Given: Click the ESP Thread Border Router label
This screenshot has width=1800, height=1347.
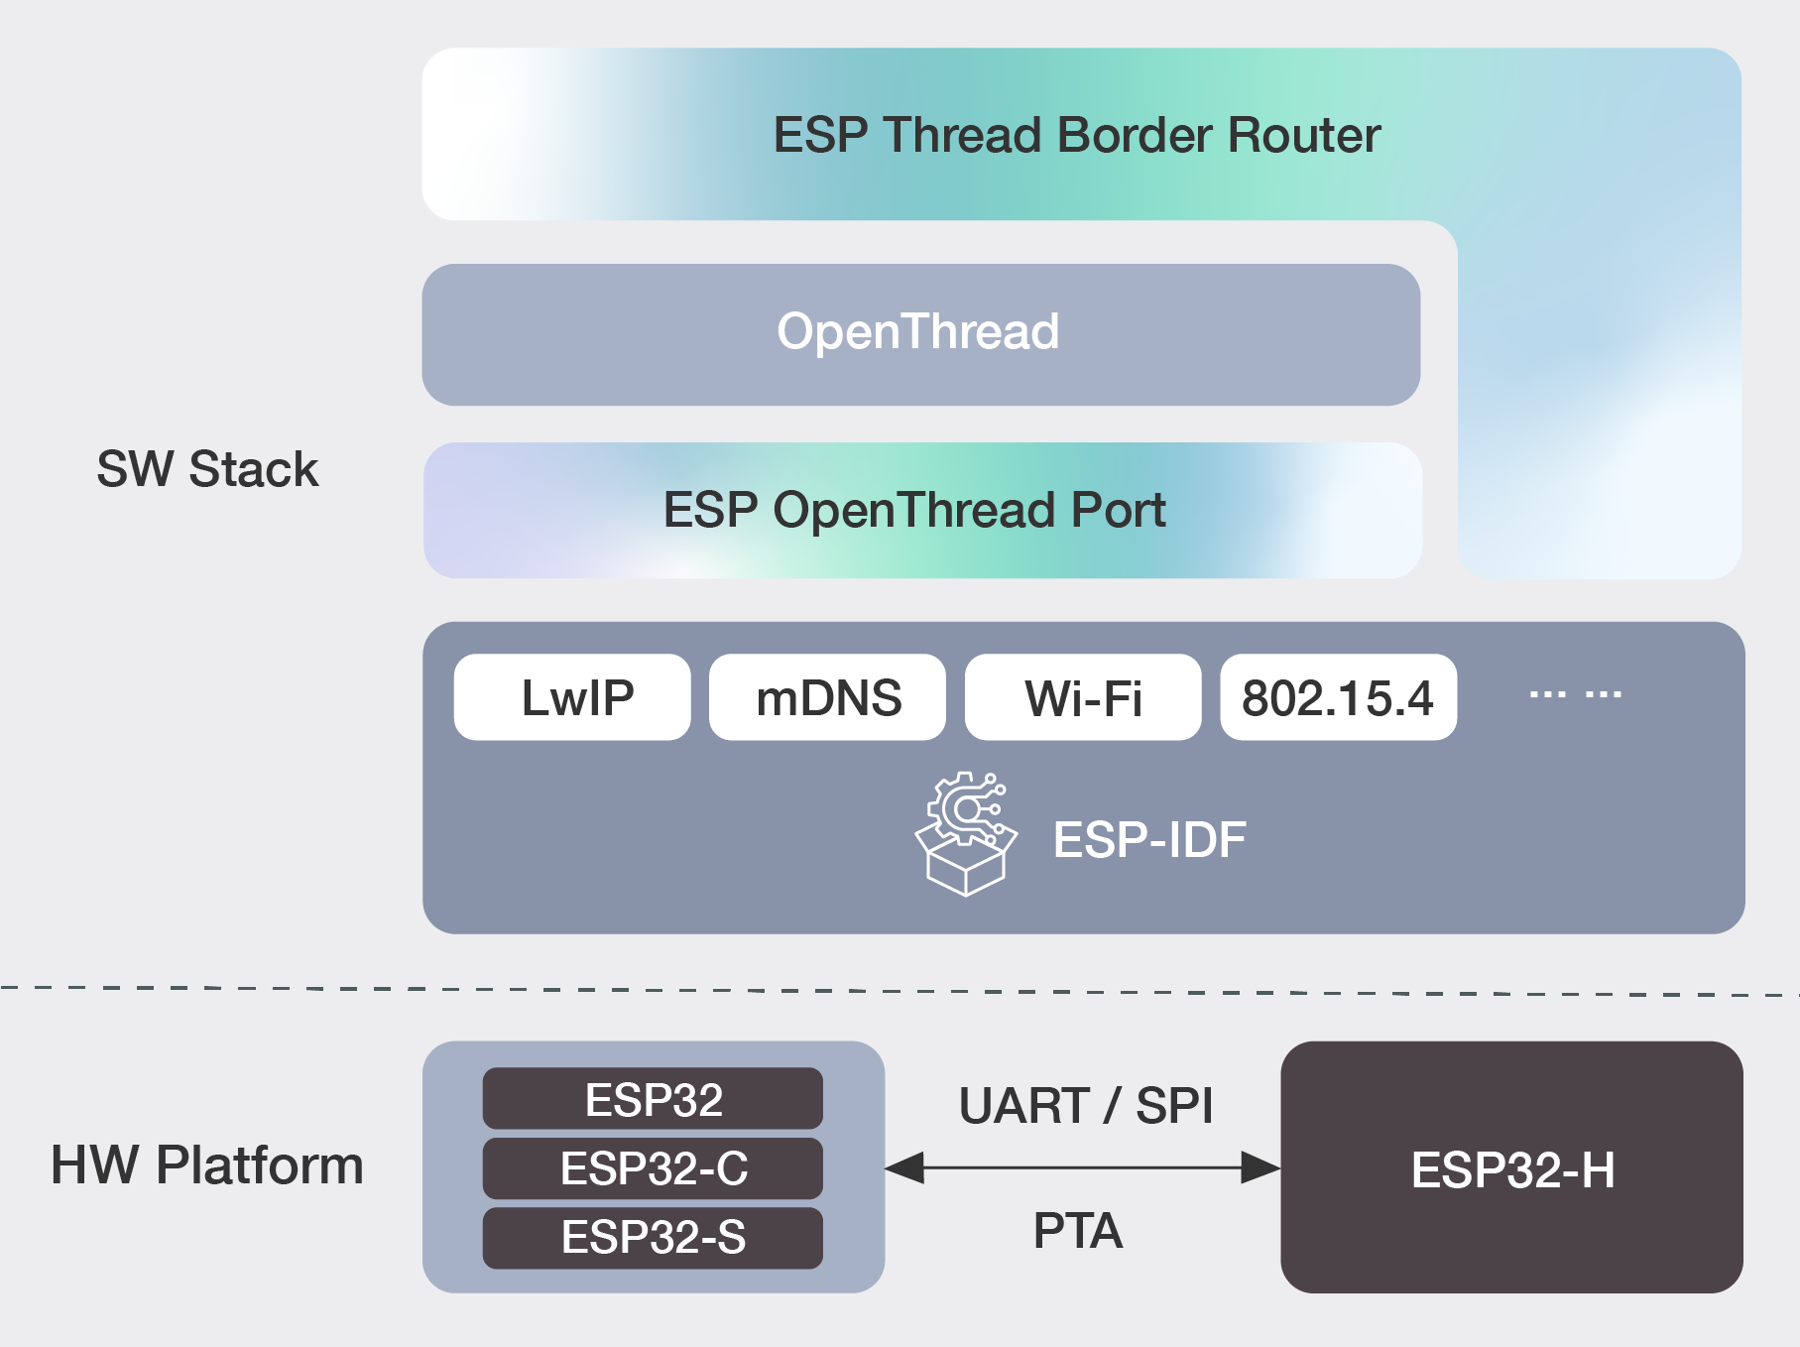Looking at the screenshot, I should click(1076, 135).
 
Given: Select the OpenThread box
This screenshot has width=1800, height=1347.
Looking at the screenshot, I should click(920, 333).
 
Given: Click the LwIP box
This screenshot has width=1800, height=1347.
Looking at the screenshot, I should click(572, 697).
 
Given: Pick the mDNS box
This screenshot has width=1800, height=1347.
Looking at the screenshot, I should click(827, 697).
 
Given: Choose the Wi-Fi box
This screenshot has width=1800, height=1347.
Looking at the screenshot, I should click(1082, 697).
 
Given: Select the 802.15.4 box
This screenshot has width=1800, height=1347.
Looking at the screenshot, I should click(1338, 697).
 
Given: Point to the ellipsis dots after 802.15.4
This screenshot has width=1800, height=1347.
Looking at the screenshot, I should click(1575, 694).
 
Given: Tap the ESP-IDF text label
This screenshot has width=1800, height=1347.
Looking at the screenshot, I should click(1148, 840).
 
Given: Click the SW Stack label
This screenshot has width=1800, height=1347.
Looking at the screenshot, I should click(207, 469).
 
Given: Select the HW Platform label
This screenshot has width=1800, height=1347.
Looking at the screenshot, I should click(207, 1165).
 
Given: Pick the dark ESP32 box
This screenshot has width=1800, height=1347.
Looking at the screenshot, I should click(653, 1099).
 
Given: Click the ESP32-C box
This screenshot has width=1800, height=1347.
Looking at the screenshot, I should click(653, 1168).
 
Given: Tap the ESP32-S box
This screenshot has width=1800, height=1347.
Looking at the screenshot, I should click(653, 1237).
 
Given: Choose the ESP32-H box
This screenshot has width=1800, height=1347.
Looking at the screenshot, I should click(1511, 1168).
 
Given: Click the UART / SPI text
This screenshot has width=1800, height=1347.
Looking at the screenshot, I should click(1085, 1105).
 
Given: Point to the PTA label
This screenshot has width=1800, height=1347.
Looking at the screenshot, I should click(1077, 1231).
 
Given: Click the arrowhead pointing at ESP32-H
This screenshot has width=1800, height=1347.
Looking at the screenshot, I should click(1261, 1167).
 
